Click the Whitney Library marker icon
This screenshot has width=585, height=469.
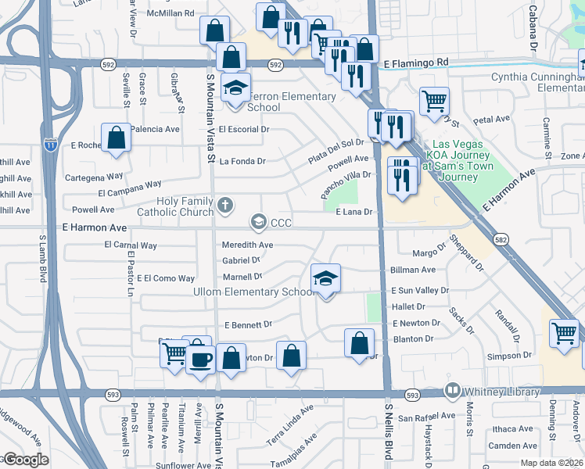452,389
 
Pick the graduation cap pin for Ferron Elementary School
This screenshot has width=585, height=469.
234,88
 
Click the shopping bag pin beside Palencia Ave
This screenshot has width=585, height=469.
116,138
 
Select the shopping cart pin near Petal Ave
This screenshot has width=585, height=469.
434,101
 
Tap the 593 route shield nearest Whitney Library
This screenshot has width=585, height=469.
413,396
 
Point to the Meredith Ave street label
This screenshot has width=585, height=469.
247,245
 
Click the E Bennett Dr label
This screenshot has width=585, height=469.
248,324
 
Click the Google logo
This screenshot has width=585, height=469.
25,460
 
